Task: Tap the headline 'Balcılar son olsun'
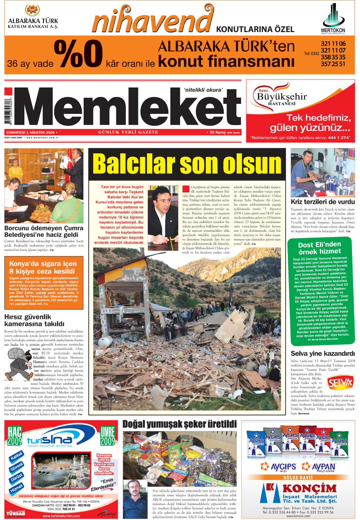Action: coord(187,164)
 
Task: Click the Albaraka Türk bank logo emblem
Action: coord(33,10)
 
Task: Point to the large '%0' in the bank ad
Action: coord(78,54)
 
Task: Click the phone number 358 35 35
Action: coord(333,57)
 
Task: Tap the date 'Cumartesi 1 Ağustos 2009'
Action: coord(31,132)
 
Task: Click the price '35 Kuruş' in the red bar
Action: coord(217,132)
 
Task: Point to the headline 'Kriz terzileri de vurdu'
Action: coord(323,202)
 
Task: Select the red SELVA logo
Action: coord(340,383)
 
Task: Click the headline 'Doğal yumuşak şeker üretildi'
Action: coord(179,424)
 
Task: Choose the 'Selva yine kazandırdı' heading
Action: coord(323,353)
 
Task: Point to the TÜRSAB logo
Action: coord(16,513)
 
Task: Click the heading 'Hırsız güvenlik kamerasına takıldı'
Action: coord(34,320)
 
